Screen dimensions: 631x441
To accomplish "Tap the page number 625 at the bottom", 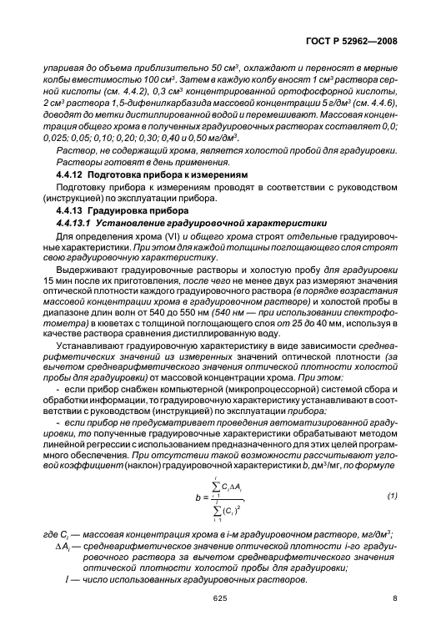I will [x=220, y=598].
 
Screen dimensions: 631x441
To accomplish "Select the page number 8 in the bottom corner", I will [x=394, y=598].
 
